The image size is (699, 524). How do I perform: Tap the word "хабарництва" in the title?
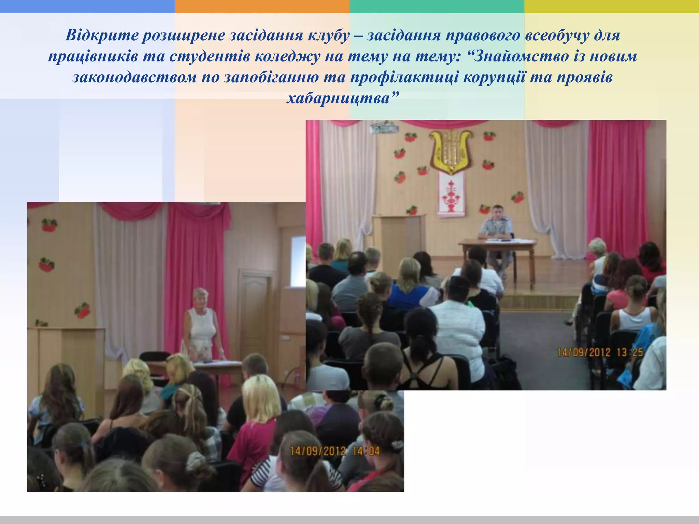[342, 99]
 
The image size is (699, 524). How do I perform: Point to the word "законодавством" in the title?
[134, 77]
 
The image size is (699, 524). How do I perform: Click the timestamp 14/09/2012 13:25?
[600, 352]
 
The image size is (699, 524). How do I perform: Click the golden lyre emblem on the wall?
[451, 150]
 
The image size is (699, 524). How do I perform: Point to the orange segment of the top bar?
[262, 6]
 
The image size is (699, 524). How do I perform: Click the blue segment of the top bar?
[87, 6]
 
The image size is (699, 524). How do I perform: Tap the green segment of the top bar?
[437, 6]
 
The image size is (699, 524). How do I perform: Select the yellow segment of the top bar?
[611, 6]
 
